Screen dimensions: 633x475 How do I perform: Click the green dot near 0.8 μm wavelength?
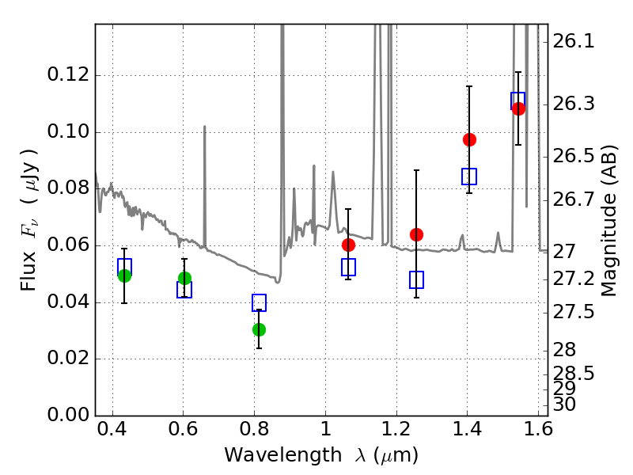260,329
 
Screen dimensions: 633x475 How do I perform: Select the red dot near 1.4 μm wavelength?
469,140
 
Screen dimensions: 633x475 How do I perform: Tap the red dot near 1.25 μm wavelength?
416,234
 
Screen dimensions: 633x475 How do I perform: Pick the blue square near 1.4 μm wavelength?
469,177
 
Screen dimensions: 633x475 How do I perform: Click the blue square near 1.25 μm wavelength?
416,280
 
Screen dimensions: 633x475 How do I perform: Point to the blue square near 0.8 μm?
260,302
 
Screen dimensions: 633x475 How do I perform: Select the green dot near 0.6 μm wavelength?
184,279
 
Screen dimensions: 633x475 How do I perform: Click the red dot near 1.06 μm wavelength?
348,245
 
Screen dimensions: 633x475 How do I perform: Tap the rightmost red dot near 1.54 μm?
518,108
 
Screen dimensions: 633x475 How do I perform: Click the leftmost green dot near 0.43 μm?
124,275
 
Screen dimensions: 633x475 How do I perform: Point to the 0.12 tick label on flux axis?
68,74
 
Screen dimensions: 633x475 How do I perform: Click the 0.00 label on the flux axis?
68,415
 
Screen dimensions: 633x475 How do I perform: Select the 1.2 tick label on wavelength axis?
397,429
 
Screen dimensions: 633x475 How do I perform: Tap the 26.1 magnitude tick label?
573,41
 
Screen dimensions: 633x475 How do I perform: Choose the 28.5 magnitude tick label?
573,374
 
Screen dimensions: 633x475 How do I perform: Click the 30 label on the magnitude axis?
564,405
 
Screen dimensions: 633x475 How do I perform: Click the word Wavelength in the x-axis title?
283,455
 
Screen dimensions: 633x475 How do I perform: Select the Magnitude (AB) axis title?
608,220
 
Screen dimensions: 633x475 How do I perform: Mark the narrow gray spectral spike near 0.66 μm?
204,186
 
